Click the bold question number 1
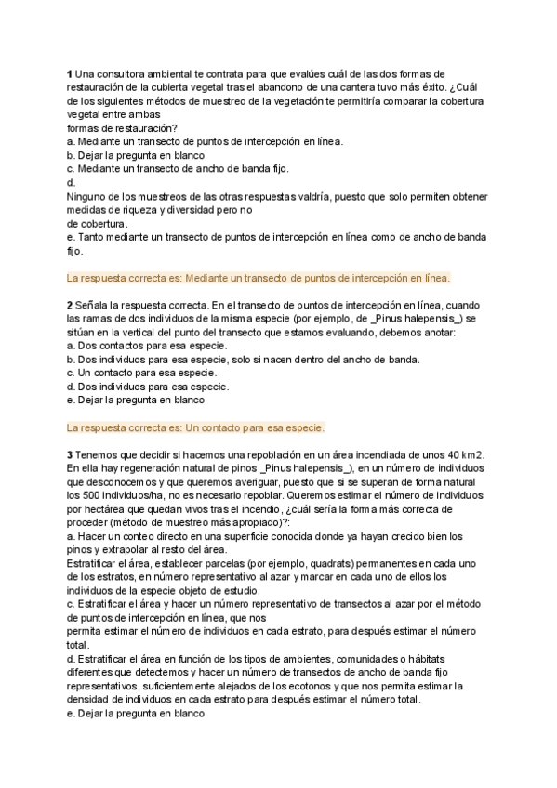pyautogui.click(x=70, y=74)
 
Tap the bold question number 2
pyautogui.click(x=70, y=305)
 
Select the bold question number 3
pyautogui.click(x=70, y=454)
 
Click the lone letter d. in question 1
pyautogui.click(x=72, y=183)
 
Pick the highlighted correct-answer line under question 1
pyautogui.click(x=259, y=278)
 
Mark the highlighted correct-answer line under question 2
pyautogui.click(x=196, y=427)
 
